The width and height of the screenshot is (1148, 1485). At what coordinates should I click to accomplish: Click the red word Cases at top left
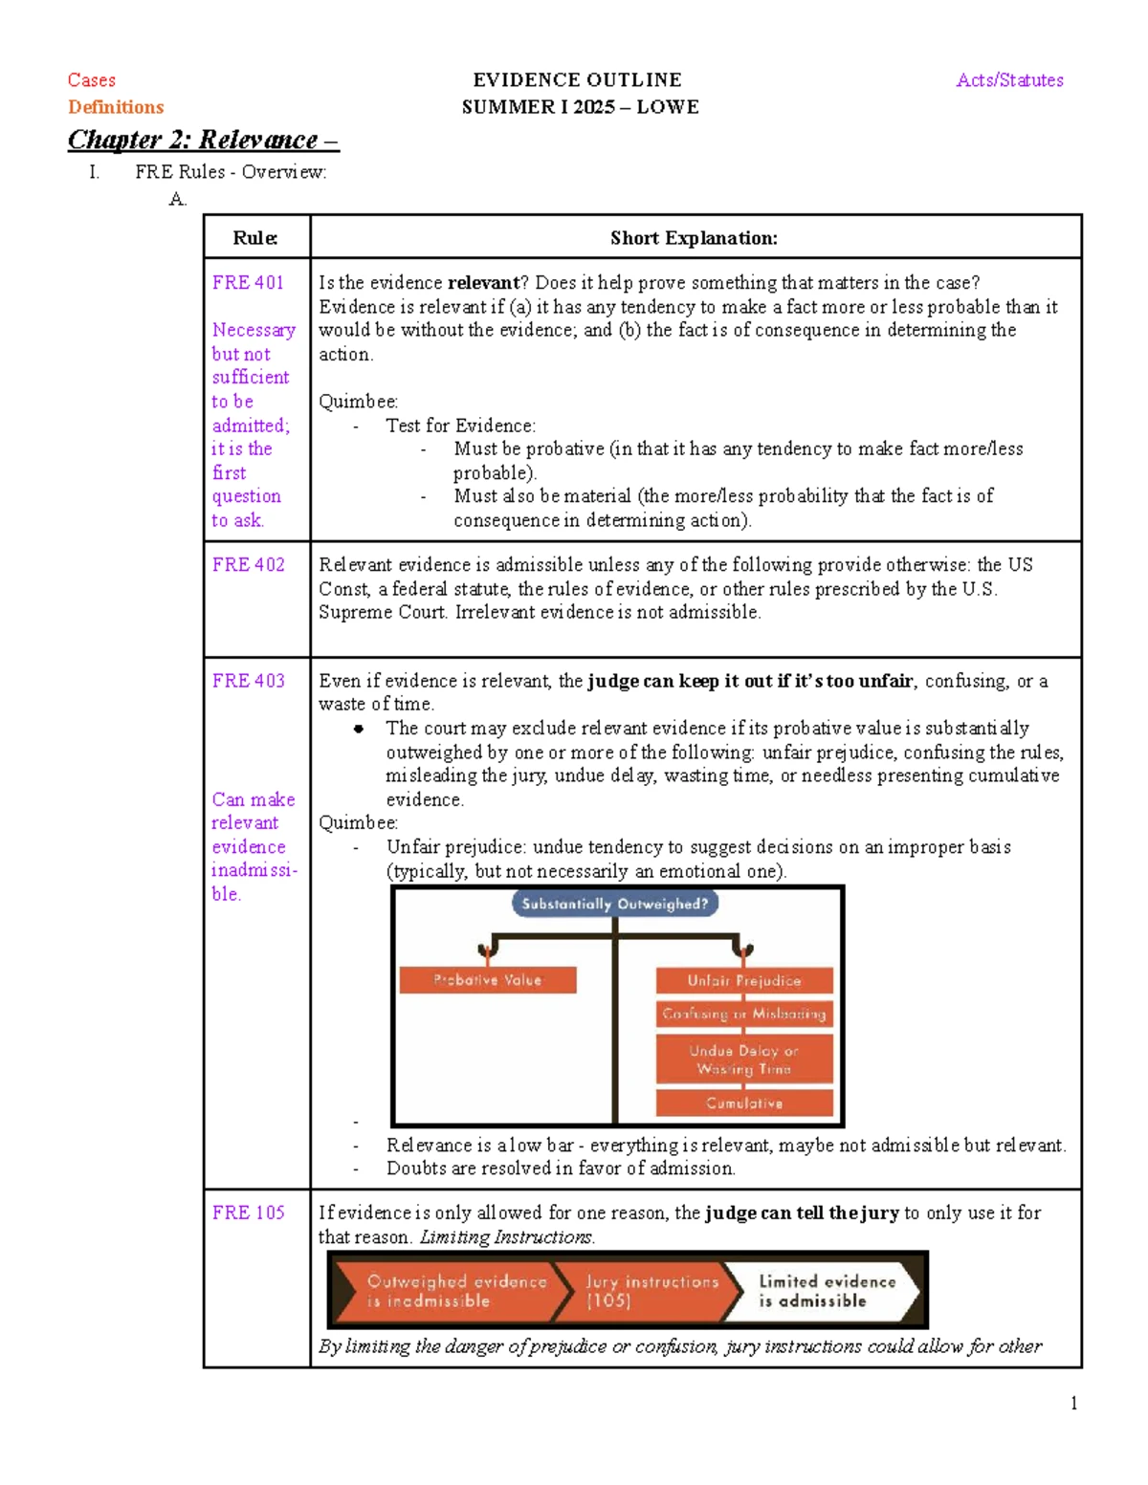[92, 80]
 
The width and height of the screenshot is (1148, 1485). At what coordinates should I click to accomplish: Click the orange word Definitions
[116, 107]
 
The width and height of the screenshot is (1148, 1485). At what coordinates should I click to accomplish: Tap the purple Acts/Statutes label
[1009, 80]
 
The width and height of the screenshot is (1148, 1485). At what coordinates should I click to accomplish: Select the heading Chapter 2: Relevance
[203, 140]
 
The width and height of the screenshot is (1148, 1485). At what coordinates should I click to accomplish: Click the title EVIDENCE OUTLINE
[577, 80]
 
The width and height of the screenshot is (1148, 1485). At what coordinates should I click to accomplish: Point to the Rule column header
[255, 238]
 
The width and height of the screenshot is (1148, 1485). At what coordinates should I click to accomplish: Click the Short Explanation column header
[694, 238]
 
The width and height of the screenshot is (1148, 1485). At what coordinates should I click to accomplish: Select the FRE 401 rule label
[248, 283]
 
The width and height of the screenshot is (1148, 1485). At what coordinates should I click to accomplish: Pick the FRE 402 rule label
[248, 565]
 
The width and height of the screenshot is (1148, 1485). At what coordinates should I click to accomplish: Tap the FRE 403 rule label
[248, 681]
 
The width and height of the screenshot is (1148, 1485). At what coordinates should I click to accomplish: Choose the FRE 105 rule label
[248, 1212]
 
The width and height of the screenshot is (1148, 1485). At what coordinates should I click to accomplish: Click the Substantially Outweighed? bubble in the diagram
[614, 904]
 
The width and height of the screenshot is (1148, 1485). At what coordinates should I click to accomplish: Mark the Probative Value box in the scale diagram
[487, 980]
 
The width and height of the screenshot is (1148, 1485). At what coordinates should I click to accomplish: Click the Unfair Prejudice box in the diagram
[744, 980]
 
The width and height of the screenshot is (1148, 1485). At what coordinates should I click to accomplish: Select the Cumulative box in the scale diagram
[744, 1103]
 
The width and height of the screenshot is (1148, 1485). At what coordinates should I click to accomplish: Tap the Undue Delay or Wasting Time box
[744, 1059]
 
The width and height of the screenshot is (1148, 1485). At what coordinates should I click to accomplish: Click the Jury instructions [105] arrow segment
[651, 1291]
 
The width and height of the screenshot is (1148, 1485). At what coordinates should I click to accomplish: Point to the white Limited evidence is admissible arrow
[825, 1291]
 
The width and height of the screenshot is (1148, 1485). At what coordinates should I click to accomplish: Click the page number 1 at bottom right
[1073, 1404]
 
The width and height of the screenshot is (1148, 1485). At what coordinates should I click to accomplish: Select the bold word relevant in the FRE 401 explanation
[482, 283]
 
